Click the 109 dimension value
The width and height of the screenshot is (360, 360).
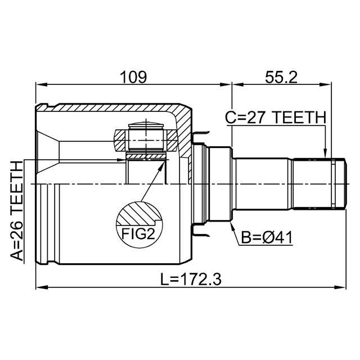[133, 77]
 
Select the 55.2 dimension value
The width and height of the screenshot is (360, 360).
[281, 77]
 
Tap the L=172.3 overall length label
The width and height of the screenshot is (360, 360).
[191, 279]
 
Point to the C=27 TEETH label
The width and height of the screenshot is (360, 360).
[276, 118]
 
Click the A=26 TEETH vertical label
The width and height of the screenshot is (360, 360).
[17, 211]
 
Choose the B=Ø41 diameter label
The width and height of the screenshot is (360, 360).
[267, 237]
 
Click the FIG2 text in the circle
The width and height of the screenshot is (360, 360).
[138, 233]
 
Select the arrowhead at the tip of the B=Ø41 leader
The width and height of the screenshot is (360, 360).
[232, 226]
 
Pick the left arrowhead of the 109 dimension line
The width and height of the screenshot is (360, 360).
[42, 85]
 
